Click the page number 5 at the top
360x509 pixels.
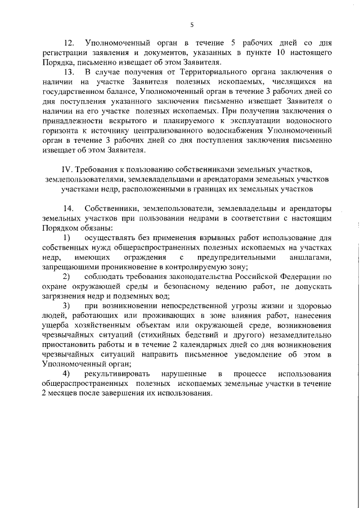coord(191,24)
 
